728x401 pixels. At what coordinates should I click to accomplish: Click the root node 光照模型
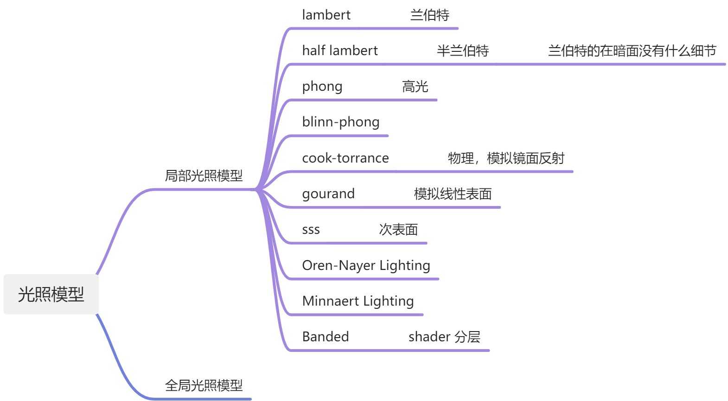tap(51, 294)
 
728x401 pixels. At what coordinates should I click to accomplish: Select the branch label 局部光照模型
tap(204, 176)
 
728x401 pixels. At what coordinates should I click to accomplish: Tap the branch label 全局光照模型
tap(204, 385)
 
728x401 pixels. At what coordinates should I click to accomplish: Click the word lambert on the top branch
tap(326, 15)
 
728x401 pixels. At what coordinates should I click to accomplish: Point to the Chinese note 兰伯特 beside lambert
tap(429, 15)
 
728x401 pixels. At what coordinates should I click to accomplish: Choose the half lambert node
tap(340, 50)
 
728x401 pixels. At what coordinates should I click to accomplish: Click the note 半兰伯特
tap(462, 51)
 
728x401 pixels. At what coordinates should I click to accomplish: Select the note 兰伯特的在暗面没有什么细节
tap(632, 51)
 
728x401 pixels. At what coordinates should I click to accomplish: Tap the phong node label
tap(322, 87)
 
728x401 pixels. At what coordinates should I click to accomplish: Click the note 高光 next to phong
tap(415, 87)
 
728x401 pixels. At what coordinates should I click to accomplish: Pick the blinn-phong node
tap(341, 122)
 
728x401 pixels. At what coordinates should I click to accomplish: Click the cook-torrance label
tap(345, 158)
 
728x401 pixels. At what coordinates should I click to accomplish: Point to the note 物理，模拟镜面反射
tap(506, 158)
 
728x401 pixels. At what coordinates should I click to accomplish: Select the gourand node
tap(328, 194)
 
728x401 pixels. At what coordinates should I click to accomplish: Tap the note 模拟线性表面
tap(453, 194)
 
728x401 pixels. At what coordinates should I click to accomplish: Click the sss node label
tap(311, 230)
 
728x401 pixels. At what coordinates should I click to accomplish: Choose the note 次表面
tap(398, 230)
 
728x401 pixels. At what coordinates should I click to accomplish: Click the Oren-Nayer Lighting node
tap(366, 265)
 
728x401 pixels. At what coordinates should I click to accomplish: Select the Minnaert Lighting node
tap(358, 301)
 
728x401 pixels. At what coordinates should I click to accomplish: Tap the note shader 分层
tap(444, 337)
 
